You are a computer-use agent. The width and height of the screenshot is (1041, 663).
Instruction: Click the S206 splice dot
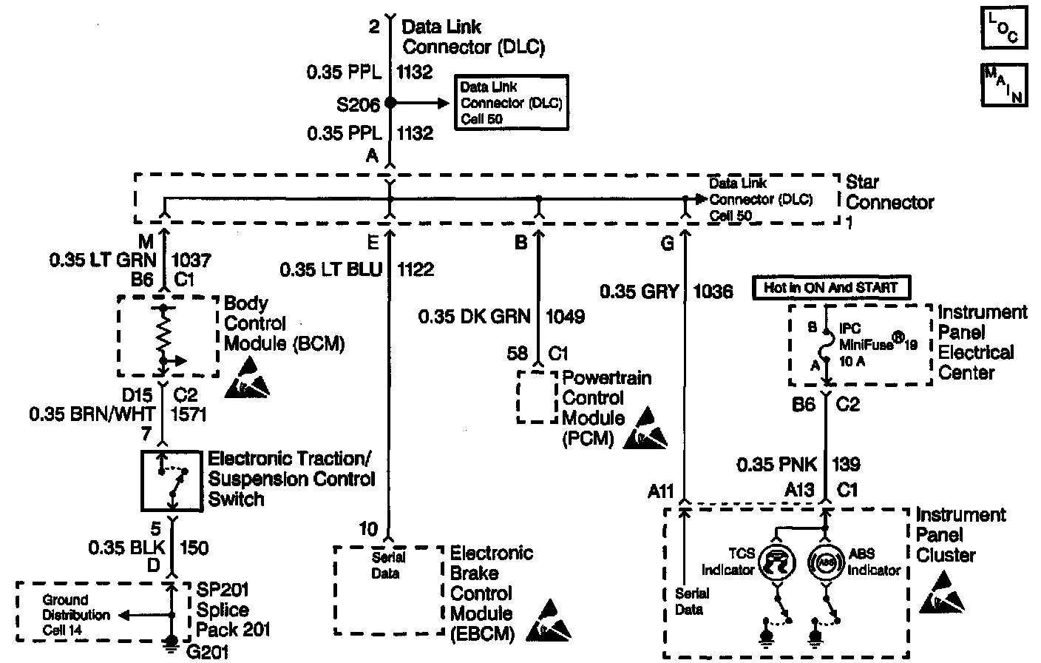390,104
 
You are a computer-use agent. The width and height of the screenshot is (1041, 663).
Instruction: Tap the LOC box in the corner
1003,28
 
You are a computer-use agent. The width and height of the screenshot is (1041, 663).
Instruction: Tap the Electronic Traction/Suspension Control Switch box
172,480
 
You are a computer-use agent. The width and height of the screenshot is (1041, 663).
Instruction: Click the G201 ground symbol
172,644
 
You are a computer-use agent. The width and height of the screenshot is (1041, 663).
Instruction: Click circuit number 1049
565,317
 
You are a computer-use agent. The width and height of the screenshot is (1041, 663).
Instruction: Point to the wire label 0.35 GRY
639,292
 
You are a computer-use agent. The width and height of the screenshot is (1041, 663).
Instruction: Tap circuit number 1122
416,269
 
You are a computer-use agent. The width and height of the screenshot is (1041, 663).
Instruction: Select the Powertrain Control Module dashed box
537,397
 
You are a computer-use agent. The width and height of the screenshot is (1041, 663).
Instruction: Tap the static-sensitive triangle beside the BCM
250,374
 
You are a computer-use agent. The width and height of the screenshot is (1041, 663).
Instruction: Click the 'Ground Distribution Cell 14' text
65,614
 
